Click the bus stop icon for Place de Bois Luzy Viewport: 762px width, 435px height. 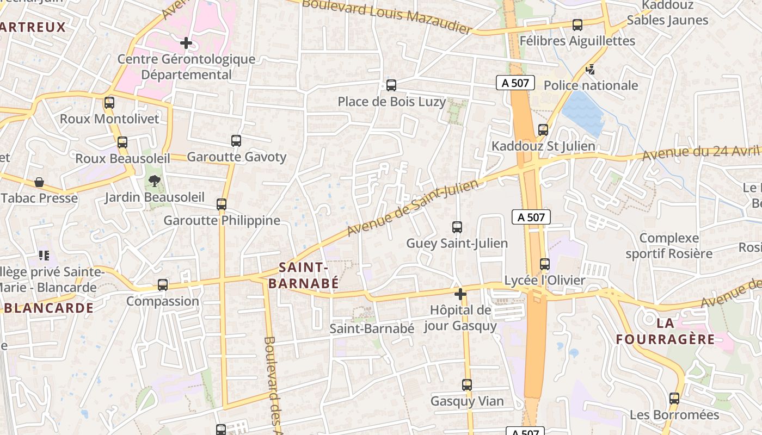(x=391, y=85)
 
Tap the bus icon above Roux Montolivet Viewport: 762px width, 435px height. (x=109, y=102)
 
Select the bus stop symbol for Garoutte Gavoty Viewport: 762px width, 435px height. (x=236, y=141)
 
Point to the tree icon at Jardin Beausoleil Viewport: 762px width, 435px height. (x=155, y=181)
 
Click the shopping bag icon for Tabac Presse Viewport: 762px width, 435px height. (x=39, y=182)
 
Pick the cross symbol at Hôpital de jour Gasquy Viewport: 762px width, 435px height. (x=460, y=295)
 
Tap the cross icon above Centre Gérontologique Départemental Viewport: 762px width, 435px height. (x=186, y=42)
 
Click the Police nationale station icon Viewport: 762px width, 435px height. (x=590, y=69)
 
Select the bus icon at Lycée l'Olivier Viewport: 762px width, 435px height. (x=544, y=264)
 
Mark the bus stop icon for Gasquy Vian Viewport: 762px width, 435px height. (x=467, y=385)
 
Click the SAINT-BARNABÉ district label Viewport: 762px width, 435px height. (x=303, y=275)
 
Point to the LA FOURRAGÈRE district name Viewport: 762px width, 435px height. (x=665, y=331)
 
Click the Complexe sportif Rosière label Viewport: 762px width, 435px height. (x=669, y=246)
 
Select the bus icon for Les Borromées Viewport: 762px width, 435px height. (x=674, y=399)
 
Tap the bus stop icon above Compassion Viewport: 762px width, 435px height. (x=162, y=284)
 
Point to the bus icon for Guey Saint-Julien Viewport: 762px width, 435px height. (x=457, y=227)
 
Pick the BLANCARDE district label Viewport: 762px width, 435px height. (x=49, y=308)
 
